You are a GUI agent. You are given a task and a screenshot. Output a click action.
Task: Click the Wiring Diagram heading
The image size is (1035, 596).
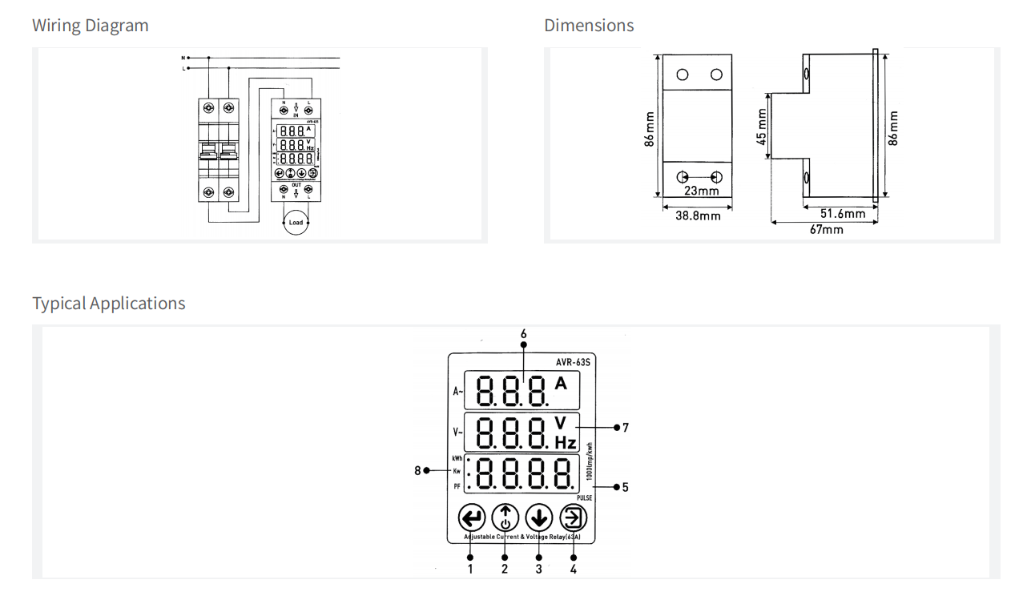click(90, 26)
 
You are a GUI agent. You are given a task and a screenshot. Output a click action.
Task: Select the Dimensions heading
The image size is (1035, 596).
click(589, 26)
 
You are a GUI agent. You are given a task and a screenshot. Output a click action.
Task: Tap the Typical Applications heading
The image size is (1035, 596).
click(108, 304)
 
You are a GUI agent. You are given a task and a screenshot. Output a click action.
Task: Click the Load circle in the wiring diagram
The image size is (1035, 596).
click(296, 222)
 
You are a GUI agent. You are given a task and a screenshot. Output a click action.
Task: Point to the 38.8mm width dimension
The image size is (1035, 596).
click(698, 215)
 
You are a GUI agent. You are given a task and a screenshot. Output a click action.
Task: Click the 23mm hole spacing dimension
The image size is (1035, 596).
click(701, 191)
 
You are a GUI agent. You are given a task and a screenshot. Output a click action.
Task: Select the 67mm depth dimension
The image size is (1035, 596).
click(826, 229)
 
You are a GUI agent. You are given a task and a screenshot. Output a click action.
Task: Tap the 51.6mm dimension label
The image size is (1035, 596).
click(843, 213)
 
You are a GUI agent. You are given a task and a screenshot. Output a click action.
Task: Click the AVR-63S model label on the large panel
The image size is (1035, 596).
click(573, 362)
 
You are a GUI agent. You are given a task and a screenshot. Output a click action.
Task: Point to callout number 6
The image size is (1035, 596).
click(523, 333)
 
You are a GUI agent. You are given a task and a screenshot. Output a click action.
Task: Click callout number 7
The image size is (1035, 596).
click(626, 428)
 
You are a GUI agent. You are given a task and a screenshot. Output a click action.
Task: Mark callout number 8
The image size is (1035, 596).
click(417, 470)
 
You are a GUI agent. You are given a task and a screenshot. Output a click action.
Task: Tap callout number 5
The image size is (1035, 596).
click(625, 487)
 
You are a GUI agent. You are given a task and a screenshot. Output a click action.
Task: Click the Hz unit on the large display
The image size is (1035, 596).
click(566, 442)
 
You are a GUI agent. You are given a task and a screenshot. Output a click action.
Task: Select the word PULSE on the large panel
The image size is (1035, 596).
click(584, 498)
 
